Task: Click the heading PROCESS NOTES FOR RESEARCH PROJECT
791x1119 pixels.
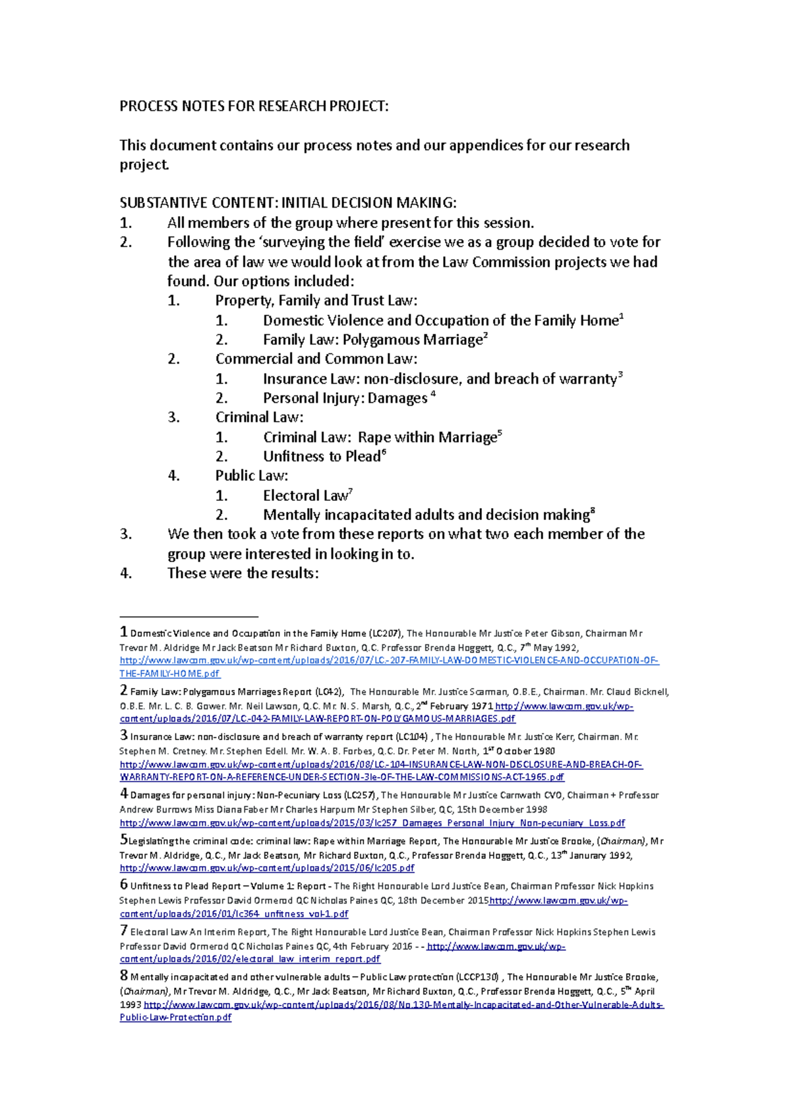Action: click(x=254, y=106)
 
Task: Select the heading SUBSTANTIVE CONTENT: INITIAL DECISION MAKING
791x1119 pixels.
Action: click(x=287, y=202)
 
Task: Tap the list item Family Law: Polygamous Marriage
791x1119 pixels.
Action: click(x=372, y=340)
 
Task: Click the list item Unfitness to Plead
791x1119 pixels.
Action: click(x=321, y=457)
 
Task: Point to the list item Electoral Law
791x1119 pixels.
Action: click(x=305, y=496)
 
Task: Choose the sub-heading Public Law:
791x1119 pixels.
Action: click(x=252, y=476)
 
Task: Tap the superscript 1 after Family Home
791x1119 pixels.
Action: click(x=622, y=316)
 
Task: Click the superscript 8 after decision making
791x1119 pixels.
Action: click(x=593, y=511)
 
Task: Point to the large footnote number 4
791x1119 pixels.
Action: click(x=123, y=794)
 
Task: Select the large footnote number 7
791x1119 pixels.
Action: click(x=123, y=931)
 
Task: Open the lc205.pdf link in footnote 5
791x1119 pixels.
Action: click(x=267, y=869)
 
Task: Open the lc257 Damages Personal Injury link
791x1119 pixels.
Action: click(x=372, y=823)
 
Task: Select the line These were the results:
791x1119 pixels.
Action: click(x=243, y=573)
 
